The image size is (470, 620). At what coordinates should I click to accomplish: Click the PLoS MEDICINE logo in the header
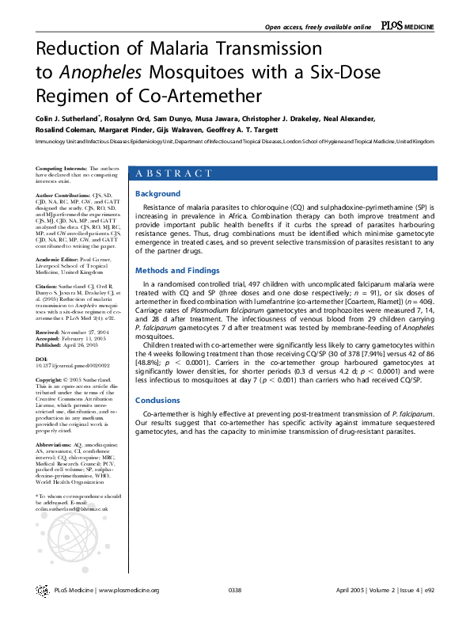click(x=407, y=26)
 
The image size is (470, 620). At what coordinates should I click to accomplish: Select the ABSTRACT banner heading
click(x=175, y=173)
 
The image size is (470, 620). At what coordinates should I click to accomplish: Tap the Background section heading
click(x=158, y=194)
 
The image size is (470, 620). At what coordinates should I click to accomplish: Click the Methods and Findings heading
click(x=180, y=269)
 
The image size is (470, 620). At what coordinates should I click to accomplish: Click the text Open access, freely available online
click(x=328, y=27)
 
